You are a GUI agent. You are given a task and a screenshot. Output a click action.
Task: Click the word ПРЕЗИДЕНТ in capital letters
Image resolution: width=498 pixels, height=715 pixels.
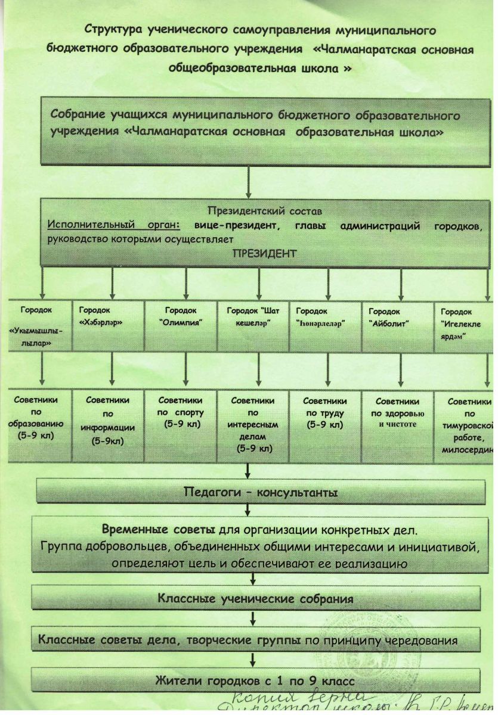pyautogui.click(x=264, y=253)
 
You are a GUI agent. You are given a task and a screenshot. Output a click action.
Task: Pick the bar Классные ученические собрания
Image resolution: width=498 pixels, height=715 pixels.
pyautogui.click(x=255, y=598)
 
